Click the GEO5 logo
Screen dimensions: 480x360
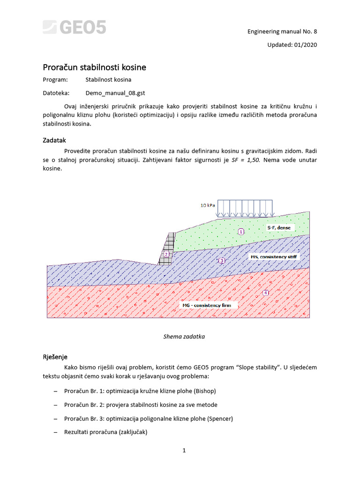[75, 27]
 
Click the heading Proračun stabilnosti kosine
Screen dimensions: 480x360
[94, 67]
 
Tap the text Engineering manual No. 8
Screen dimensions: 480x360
[282, 32]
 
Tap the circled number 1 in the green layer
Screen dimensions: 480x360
[241, 232]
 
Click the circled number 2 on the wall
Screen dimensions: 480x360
[166, 255]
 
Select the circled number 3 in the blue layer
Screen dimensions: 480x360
[222, 260]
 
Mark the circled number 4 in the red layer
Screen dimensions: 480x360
[266, 293]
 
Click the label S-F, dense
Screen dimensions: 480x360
[279, 227]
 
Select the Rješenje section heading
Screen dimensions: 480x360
[55, 357]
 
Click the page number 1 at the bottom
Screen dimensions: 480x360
[185, 451]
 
